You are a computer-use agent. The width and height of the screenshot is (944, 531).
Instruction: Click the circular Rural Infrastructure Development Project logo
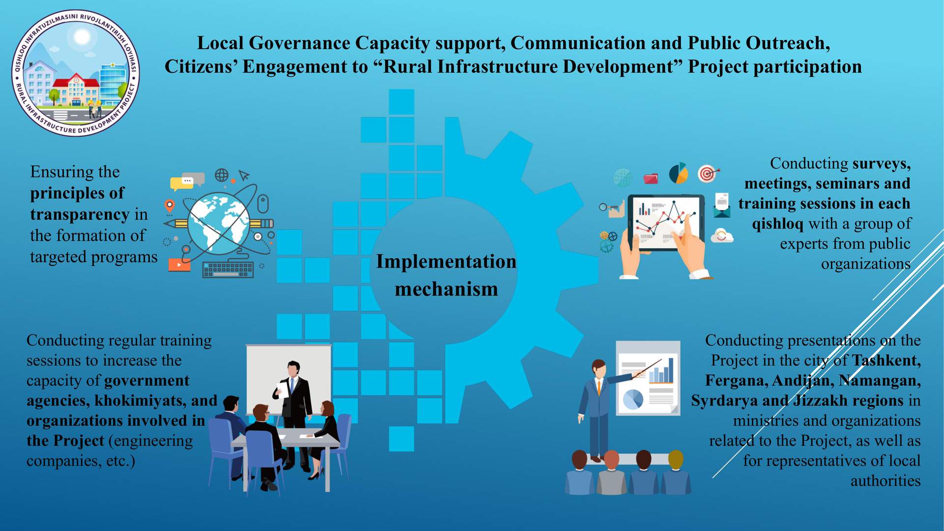[x=76, y=73]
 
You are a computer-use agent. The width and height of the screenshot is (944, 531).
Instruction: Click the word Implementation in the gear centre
[x=446, y=262]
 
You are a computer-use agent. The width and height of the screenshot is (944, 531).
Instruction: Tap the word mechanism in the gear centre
[x=446, y=289]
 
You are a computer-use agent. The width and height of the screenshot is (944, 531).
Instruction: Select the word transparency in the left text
[x=80, y=214]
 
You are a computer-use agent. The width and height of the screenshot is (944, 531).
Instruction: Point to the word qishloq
[x=777, y=224]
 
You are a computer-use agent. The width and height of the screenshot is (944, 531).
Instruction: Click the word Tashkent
[x=886, y=360]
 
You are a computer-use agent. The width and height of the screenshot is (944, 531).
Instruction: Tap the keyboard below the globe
[x=228, y=269]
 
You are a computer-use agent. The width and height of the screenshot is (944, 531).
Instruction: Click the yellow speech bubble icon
[x=181, y=183]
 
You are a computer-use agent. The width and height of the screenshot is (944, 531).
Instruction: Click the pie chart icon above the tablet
[x=678, y=173]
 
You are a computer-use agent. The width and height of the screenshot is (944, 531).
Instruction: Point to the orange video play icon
[x=179, y=265]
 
